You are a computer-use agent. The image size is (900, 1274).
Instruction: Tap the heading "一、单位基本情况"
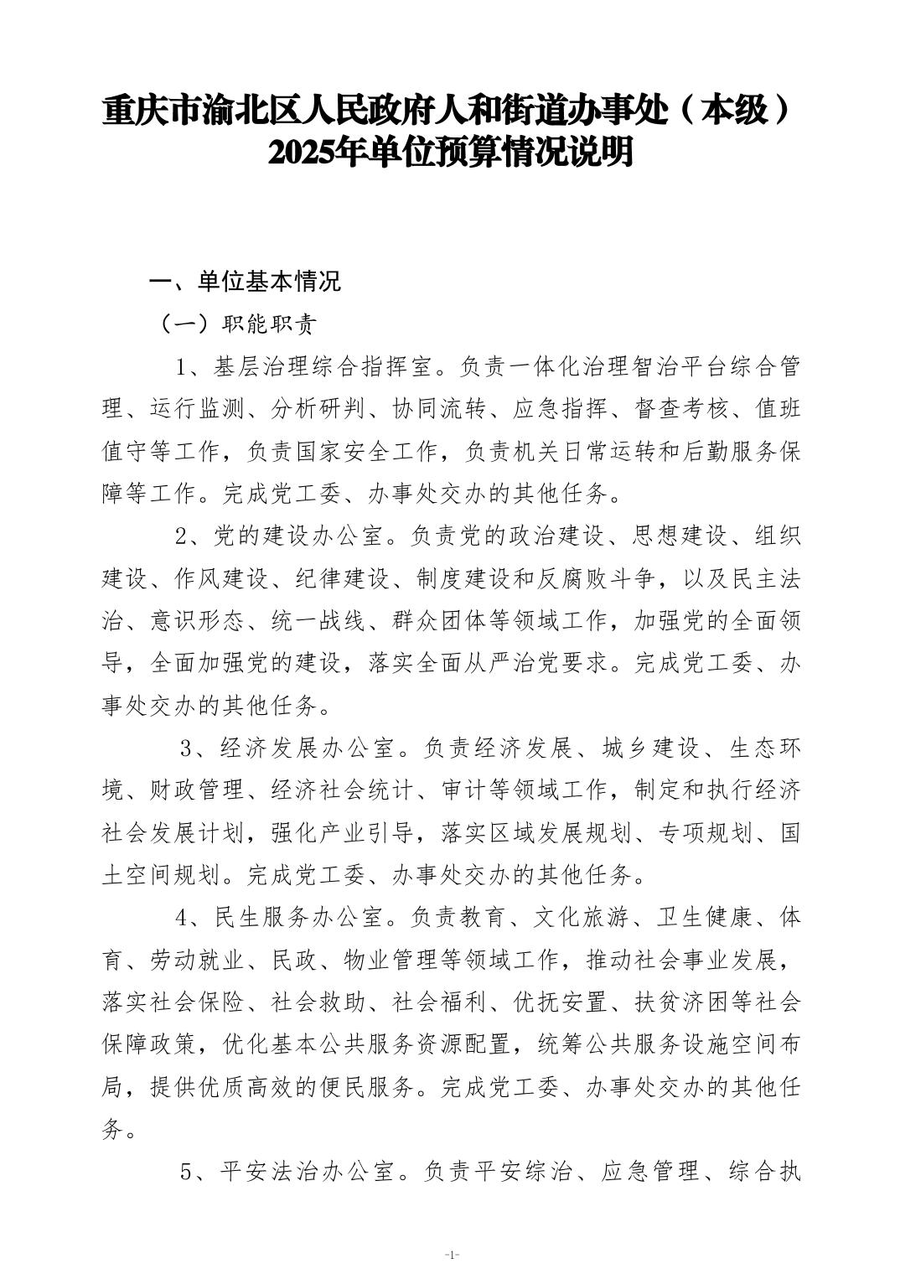[245, 282]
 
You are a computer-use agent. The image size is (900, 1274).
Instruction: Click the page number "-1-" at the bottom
[451, 1255]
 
